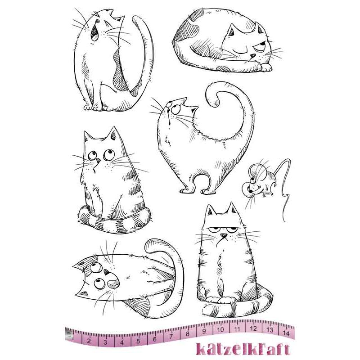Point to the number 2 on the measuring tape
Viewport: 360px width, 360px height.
(89, 341)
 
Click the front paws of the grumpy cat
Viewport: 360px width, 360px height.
(220, 301)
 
